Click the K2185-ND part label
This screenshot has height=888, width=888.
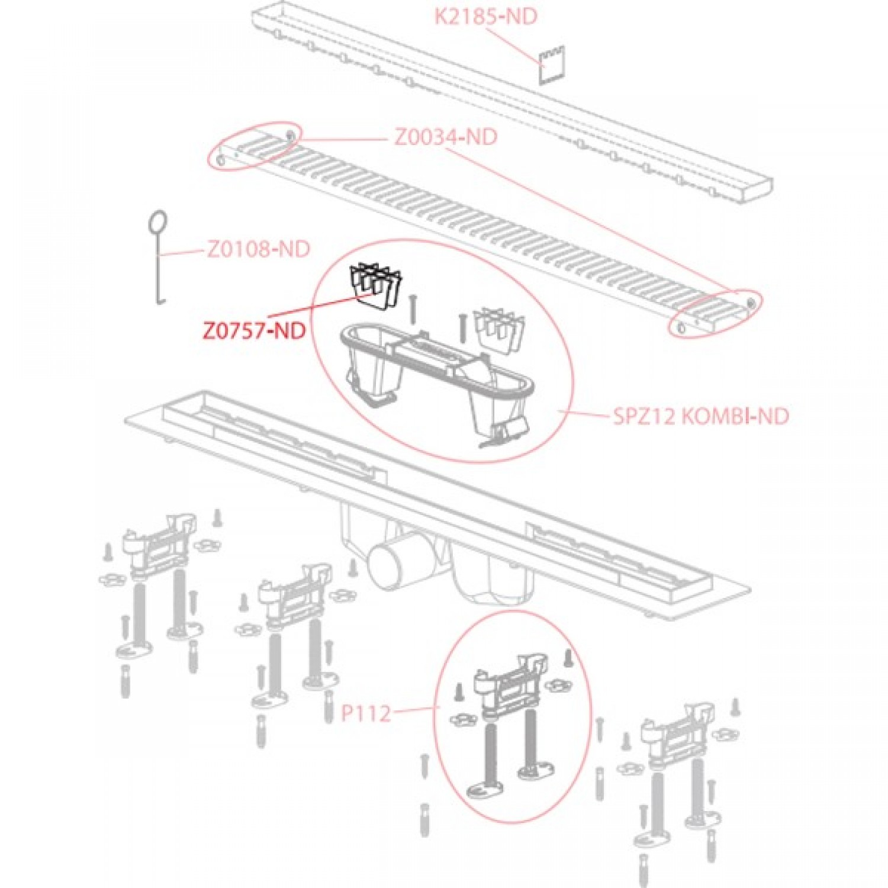coord(486,16)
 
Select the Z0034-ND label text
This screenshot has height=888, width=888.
coord(445,137)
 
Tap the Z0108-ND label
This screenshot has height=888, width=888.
coord(258,249)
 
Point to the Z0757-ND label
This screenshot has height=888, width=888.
coord(255,330)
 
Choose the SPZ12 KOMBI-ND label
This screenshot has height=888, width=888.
coord(701,416)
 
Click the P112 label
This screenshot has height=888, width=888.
coord(366,713)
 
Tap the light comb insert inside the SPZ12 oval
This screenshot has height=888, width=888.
coord(499,329)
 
